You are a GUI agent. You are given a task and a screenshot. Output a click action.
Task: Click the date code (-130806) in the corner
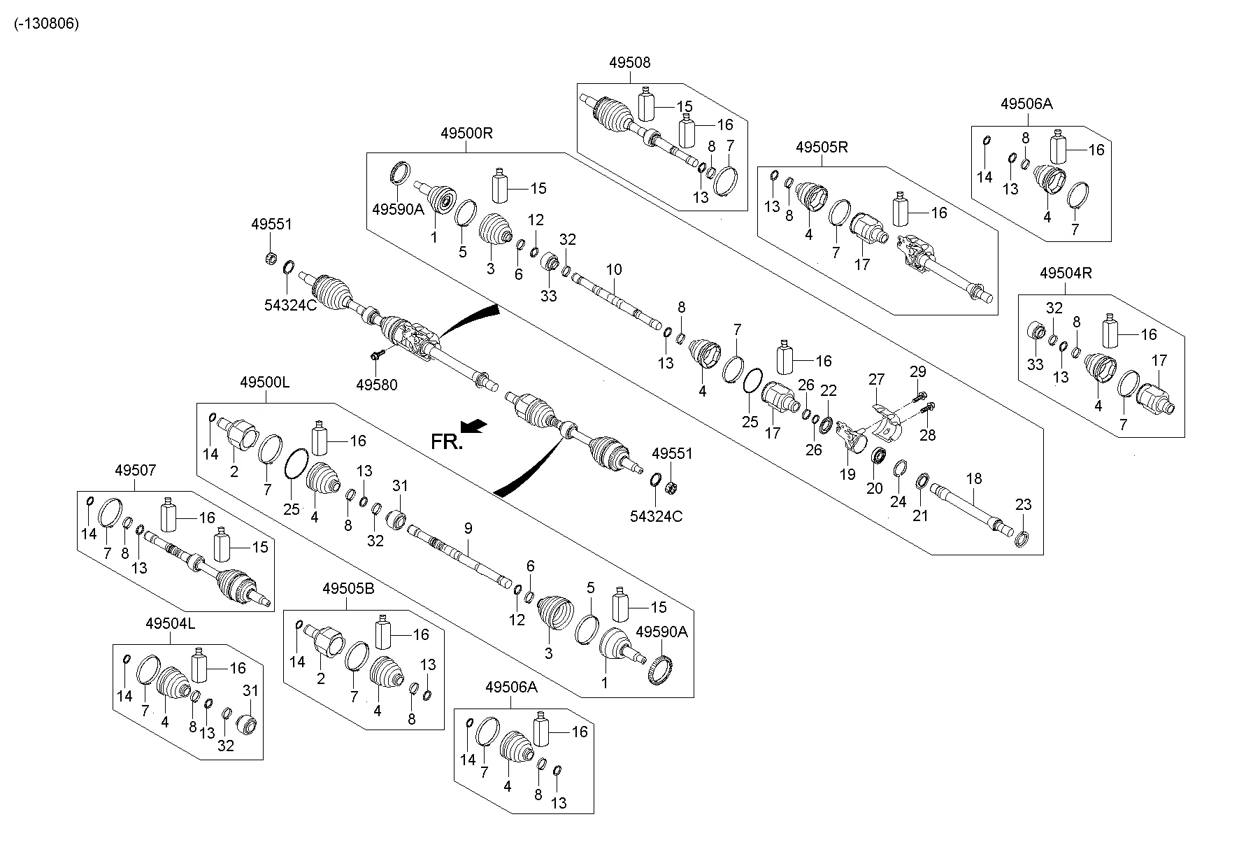(x=46, y=23)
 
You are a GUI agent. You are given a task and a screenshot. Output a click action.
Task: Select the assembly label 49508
(x=629, y=63)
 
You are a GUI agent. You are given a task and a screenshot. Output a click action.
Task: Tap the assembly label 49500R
(x=466, y=133)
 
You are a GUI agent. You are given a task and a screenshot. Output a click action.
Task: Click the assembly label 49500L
(x=264, y=383)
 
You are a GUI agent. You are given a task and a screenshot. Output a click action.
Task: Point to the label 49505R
(x=822, y=148)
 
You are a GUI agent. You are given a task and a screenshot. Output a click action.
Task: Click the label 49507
(x=136, y=471)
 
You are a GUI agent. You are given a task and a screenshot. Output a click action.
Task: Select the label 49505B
(x=348, y=589)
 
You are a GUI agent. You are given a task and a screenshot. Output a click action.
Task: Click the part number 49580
(x=376, y=385)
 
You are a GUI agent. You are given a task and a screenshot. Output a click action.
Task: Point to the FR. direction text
(x=446, y=442)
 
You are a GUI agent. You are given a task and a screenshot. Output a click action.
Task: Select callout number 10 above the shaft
(x=614, y=270)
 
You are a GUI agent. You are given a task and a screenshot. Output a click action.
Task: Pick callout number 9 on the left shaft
(x=468, y=528)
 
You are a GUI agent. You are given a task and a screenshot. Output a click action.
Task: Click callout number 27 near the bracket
(x=876, y=380)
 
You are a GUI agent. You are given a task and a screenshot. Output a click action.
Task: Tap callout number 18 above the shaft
(x=974, y=479)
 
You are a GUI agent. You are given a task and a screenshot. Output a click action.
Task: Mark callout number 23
(x=1023, y=505)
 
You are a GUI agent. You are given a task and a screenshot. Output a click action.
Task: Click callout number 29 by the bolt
(x=917, y=370)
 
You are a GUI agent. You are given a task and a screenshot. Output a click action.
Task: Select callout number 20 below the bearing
(x=874, y=488)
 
